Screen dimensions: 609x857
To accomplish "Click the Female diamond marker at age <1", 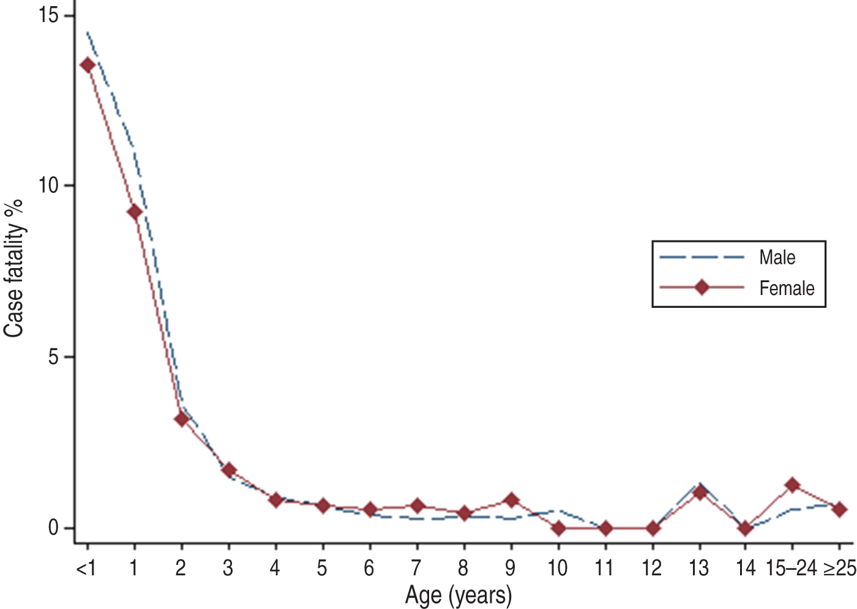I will pyautogui.click(x=88, y=65).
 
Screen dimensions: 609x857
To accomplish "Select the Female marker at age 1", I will pyautogui.click(x=135, y=212).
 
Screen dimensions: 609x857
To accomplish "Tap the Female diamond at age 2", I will pyautogui.click(x=182, y=419).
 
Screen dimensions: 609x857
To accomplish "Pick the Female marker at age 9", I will pyautogui.click(x=511, y=500).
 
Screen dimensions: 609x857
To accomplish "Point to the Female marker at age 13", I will pyautogui.click(x=700, y=493).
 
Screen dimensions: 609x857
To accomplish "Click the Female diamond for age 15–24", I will pyautogui.click(x=793, y=485).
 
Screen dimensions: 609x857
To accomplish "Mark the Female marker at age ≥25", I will pyautogui.click(x=840, y=509).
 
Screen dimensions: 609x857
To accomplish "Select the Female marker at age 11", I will pyautogui.click(x=605, y=528).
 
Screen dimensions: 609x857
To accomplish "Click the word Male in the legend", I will pyautogui.click(x=777, y=258).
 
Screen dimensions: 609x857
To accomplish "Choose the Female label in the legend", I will pyautogui.click(x=787, y=288).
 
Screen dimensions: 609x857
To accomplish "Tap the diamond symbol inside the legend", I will pyautogui.click(x=702, y=287).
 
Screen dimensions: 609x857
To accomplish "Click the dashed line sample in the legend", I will pyautogui.click(x=702, y=258).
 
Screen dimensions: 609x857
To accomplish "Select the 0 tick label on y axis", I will pyautogui.click(x=54, y=528).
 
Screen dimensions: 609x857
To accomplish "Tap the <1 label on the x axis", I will pyautogui.click(x=86, y=569).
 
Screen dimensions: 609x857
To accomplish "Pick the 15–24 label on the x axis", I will pyautogui.click(x=791, y=569).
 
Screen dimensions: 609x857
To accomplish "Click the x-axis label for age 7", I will pyautogui.click(x=416, y=569).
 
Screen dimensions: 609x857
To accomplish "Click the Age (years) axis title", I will pyautogui.click(x=458, y=595).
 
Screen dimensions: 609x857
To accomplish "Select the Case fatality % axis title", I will pyautogui.click(x=14, y=268).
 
